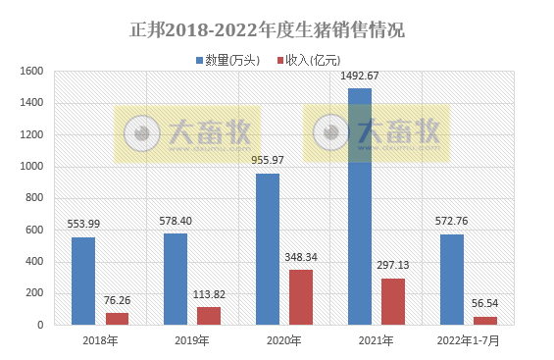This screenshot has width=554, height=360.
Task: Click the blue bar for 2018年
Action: coord(83,281)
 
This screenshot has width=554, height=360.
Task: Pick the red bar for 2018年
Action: coord(117,319)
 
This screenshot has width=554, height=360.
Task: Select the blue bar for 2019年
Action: coord(176,279)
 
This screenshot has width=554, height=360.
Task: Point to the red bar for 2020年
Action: coord(301,297)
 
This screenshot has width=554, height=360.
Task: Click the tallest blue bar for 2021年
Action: coord(360,206)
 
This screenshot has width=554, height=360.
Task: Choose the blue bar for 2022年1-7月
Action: coord(452,280)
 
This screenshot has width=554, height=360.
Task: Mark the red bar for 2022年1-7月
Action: coord(485,320)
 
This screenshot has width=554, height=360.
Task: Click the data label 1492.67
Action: coord(360,77)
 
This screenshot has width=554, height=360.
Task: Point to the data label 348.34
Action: coord(301,258)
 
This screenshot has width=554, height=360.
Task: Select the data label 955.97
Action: coord(268,161)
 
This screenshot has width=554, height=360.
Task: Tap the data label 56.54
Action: coord(485,304)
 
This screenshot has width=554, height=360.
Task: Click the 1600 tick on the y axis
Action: coord(31,72)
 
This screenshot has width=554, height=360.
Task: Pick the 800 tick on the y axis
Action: coord(34,198)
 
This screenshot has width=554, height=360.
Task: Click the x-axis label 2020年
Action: coord(284,340)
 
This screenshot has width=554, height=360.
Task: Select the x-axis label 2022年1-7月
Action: coord(469,340)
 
